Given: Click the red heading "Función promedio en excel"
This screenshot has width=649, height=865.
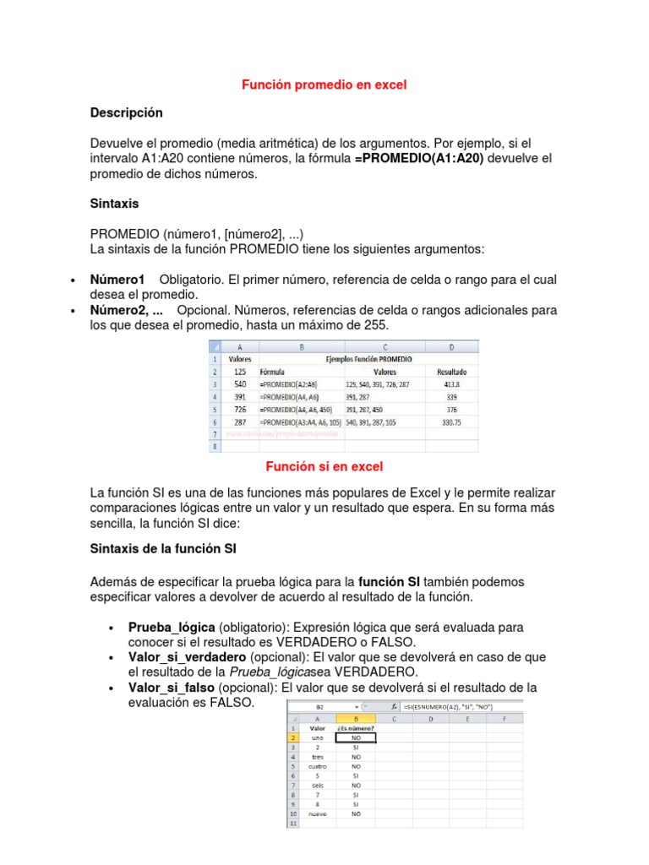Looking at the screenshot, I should (x=324, y=84).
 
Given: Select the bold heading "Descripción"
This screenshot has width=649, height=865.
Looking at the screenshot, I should (x=126, y=112).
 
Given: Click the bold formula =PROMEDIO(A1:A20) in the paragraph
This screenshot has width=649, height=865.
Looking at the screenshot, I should (x=419, y=159).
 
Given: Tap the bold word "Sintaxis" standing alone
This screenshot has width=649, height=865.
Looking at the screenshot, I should (x=114, y=204).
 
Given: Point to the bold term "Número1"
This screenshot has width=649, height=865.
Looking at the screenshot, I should (x=117, y=279).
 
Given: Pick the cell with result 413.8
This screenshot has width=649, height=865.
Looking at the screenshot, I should (x=452, y=384).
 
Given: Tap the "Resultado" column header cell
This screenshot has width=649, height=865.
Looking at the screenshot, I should (x=452, y=371).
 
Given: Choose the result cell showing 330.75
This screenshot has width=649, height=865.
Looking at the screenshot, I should (x=452, y=422).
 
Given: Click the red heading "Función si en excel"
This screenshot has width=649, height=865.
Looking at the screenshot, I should (x=324, y=466).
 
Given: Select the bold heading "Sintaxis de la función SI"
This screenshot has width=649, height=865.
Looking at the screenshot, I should (x=163, y=548).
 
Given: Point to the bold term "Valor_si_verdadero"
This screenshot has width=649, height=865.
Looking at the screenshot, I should (x=187, y=656).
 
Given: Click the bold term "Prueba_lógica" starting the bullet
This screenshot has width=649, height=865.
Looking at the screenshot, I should (x=172, y=627).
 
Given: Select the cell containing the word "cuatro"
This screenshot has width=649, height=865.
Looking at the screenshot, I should (x=318, y=766).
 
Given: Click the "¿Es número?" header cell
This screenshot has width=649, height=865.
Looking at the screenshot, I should (x=356, y=727).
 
